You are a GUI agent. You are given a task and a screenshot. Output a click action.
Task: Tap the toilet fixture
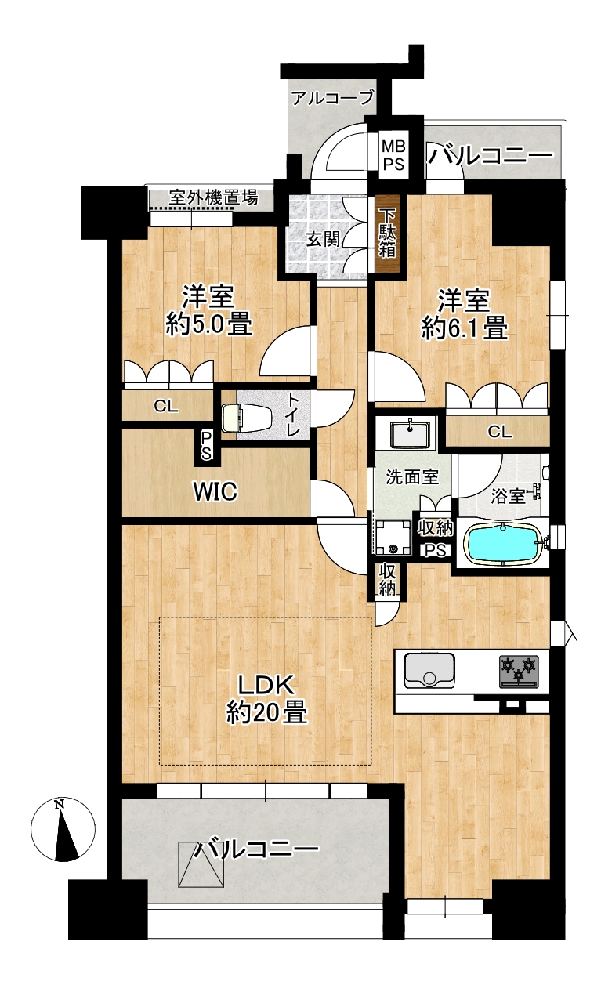point(241,418)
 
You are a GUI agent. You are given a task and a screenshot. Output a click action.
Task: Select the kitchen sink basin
point(429,670)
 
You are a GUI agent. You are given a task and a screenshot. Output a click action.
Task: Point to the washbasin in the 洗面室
point(409,433)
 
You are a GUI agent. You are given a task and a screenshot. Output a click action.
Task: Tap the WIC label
point(215,491)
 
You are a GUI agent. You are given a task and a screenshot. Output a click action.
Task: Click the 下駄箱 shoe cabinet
point(388,234)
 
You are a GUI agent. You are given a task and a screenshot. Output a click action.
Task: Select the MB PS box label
point(393,154)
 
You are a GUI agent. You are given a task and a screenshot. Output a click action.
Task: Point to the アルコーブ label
point(333,97)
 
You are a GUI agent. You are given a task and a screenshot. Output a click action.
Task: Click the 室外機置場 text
point(214,197)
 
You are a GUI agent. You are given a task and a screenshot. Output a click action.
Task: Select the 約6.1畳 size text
point(465,328)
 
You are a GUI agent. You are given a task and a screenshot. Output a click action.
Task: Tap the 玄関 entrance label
point(323,240)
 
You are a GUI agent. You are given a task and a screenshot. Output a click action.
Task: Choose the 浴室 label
point(508,496)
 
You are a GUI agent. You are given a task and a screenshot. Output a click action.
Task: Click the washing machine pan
point(393,538)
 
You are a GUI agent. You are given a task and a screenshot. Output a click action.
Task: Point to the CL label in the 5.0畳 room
point(166,407)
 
